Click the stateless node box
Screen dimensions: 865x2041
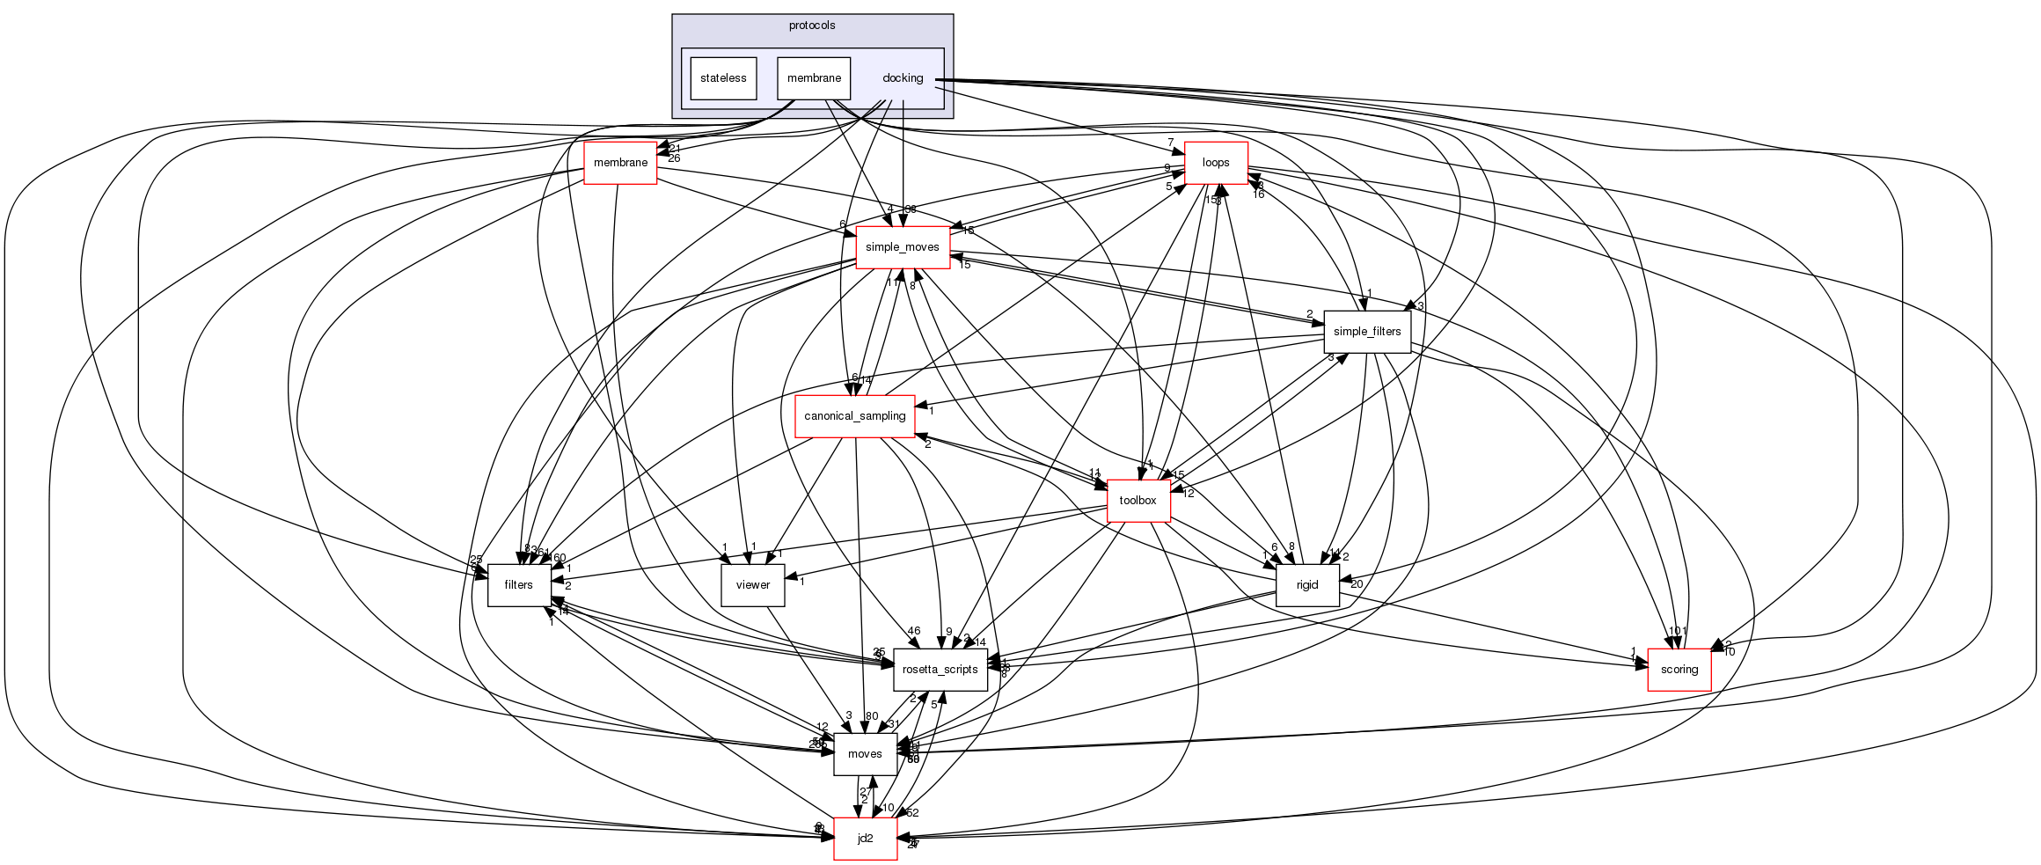[723, 78]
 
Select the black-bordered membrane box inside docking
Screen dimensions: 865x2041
[814, 78]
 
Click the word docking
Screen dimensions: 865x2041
[903, 78]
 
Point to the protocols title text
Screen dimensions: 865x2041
[812, 26]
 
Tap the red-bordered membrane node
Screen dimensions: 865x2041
[620, 163]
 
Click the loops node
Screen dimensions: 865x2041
[1216, 163]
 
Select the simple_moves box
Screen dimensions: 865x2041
[902, 247]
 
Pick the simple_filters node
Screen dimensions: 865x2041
[1367, 332]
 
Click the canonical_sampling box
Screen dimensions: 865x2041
[854, 416]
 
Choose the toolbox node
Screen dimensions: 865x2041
[1138, 501]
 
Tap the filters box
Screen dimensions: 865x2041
[518, 585]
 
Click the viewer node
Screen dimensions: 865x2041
[752, 585]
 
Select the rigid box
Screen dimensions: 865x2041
[1307, 585]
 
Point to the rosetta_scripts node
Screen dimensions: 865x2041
[940, 670]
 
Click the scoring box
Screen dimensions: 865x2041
[1679, 670]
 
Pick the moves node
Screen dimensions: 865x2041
[865, 754]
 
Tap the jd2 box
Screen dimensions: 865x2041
[865, 839]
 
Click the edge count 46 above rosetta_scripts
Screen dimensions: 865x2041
[914, 631]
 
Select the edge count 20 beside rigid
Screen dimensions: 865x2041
[1357, 584]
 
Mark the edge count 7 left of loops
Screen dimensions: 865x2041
[1171, 143]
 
